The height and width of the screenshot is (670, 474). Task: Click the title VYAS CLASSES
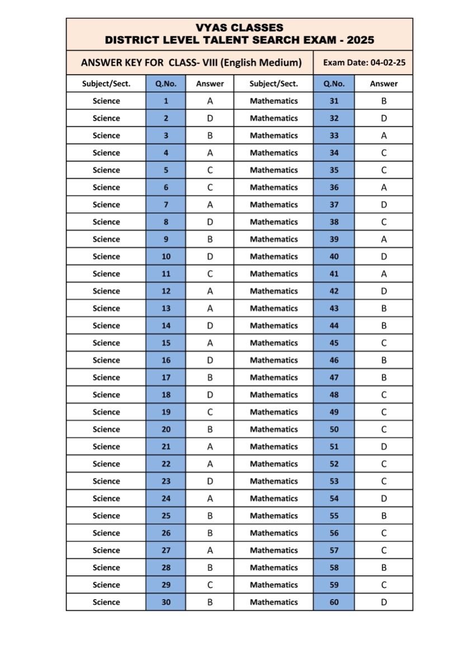[x=239, y=27]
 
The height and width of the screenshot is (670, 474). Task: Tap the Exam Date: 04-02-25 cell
[x=364, y=63]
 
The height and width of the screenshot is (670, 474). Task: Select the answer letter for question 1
[x=210, y=101]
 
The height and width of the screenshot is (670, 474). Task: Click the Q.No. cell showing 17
[x=166, y=377]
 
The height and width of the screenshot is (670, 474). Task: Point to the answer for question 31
[x=384, y=101]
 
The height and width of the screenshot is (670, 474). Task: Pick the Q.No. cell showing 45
[x=334, y=343]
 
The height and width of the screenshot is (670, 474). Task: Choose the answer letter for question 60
[x=384, y=602]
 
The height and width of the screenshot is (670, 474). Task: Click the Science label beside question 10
[x=106, y=256]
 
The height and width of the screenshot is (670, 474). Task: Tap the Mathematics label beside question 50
[x=274, y=429]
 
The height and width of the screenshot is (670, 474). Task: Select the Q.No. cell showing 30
[x=166, y=602]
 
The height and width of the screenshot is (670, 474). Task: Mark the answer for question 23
[x=210, y=481]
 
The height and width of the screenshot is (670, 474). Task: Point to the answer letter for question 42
[x=384, y=291]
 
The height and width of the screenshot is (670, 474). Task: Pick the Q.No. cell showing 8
[x=166, y=222]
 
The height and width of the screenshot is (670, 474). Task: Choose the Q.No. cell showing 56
[x=334, y=533]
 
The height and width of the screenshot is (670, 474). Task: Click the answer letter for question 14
[x=210, y=326]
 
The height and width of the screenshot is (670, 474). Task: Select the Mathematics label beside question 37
[x=274, y=204]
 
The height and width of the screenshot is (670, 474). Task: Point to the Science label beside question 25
[x=106, y=515]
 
